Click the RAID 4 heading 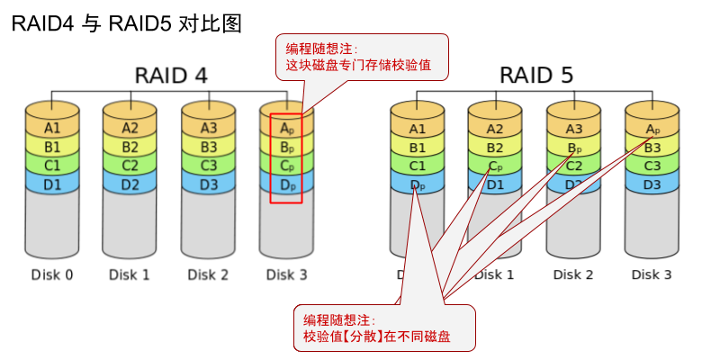coord(171,76)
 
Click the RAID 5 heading coord(536,76)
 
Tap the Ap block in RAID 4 coord(286,129)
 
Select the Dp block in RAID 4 coord(286,184)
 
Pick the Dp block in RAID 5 coord(418,185)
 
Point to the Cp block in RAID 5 coord(495,166)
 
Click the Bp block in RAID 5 coord(573,148)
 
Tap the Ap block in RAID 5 coord(652,129)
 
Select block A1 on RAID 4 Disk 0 coord(52,129)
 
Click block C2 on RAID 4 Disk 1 coord(130,166)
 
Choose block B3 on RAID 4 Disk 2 coord(209,147)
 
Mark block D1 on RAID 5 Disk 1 coord(495,184)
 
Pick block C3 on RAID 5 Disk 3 coord(652,166)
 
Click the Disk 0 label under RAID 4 coord(52,274)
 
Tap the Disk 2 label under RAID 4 coord(209,274)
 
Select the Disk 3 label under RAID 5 coord(652,274)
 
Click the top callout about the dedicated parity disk coord(360,57)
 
